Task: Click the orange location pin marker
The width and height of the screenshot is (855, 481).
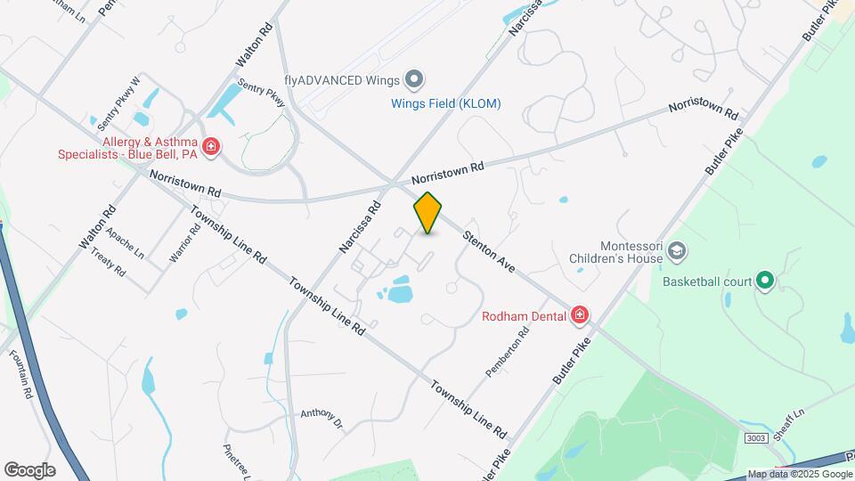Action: (x=428, y=213)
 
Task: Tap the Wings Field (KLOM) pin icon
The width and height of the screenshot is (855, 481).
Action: (x=413, y=80)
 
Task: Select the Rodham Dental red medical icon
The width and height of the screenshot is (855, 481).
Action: (x=580, y=314)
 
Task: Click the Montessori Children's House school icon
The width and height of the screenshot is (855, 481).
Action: (x=677, y=252)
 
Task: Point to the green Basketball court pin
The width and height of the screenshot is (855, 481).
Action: (x=765, y=281)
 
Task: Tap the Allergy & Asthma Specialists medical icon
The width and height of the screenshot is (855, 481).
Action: (x=211, y=147)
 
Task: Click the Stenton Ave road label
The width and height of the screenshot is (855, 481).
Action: (x=488, y=252)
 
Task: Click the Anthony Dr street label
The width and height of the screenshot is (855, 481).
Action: (x=322, y=416)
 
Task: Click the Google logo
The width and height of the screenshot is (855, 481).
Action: (x=29, y=469)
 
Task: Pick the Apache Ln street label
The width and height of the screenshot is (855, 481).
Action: (x=124, y=242)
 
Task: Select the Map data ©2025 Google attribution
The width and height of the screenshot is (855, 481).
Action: (x=800, y=474)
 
